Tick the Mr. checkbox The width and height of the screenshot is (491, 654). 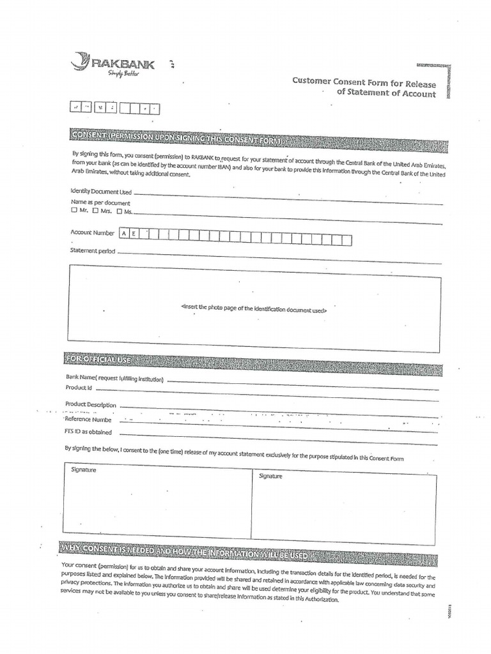[x=74, y=211]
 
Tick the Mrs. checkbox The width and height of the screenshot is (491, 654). [x=95, y=211]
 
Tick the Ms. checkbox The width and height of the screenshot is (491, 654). [x=119, y=211]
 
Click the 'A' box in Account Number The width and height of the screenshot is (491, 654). [x=124, y=234]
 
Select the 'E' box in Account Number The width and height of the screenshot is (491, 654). [x=134, y=234]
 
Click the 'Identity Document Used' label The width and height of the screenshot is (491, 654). [x=101, y=192]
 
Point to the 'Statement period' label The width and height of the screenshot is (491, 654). [x=93, y=251]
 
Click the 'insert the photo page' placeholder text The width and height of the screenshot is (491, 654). [x=254, y=308]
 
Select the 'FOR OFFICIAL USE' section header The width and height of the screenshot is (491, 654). [x=99, y=360]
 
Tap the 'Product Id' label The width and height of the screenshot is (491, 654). [x=79, y=388]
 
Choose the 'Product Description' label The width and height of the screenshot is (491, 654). [x=91, y=404]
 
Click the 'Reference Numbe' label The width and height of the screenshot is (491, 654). [x=88, y=420]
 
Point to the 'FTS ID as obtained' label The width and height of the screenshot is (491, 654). [x=89, y=432]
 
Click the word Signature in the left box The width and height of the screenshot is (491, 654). [x=83, y=470]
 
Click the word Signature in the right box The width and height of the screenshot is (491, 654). [x=270, y=476]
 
